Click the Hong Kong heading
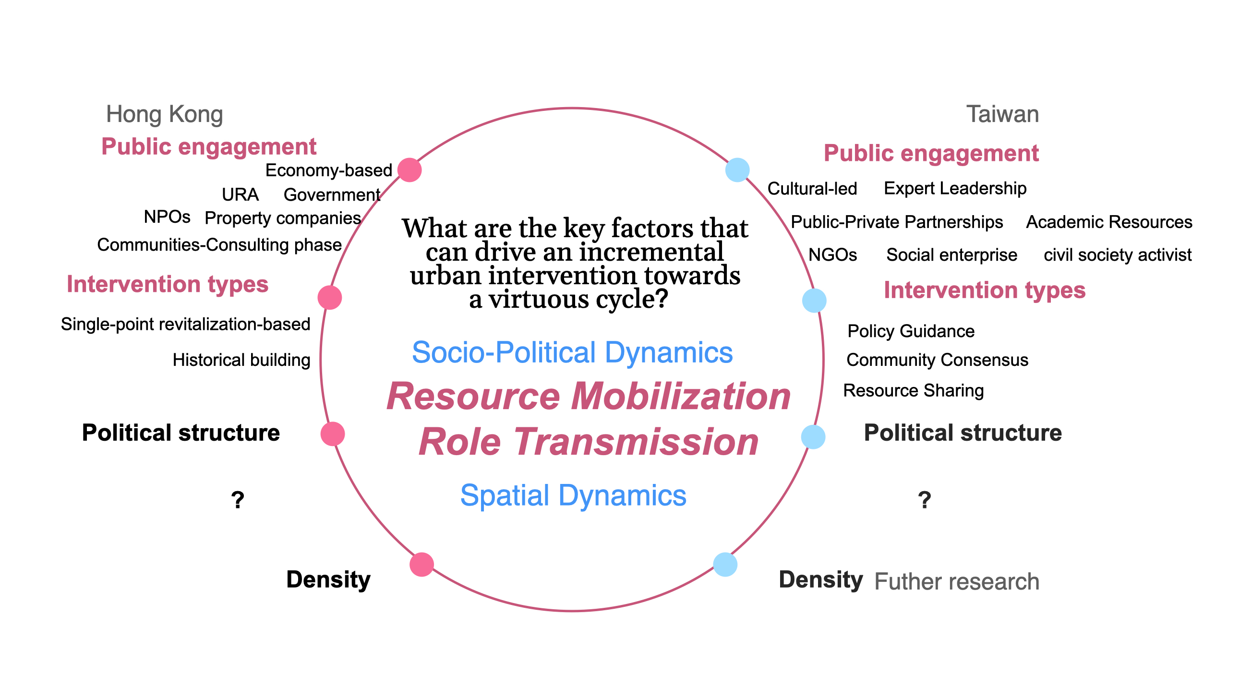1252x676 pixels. click(164, 114)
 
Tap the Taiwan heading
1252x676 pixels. click(1002, 114)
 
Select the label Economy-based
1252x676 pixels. click(328, 170)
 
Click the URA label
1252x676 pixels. click(240, 194)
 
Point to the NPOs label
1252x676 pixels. click(167, 217)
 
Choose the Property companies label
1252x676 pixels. click(282, 218)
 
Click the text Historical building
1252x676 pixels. click(241, 360)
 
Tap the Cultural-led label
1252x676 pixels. click(812, 189)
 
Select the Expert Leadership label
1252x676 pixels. click(954, 188)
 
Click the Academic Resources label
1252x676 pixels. click(1108, 222)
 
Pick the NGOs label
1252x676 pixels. click(832, 254)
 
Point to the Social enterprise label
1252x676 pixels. click(951, 254)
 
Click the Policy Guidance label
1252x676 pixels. click(910, 331)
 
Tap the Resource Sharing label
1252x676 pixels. click(913, 390)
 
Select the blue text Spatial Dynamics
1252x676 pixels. click(573, 495)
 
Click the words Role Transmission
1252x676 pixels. click(588, 441)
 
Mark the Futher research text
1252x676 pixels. click(956, 581)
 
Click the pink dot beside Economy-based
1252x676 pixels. click(409, 170)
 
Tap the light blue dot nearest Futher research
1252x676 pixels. click(725, 565)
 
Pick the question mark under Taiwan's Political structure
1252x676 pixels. click(925, 500)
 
